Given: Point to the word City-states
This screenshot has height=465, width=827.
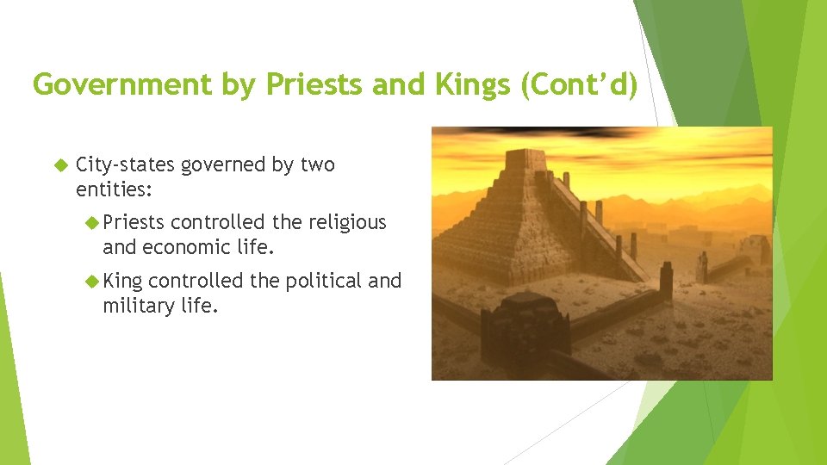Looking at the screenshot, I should pyautogui.click(x=127, y=164).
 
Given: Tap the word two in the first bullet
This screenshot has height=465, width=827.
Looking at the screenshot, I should pyautogui.click(x=317, y=164).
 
